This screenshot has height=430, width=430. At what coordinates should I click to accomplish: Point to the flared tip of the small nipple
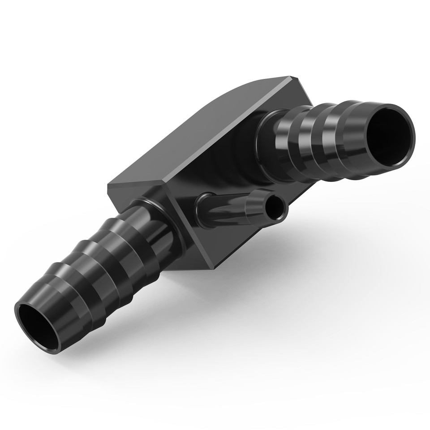click(x=264, y=202)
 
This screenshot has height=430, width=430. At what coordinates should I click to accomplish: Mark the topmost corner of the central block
click(x=287, y=77)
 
